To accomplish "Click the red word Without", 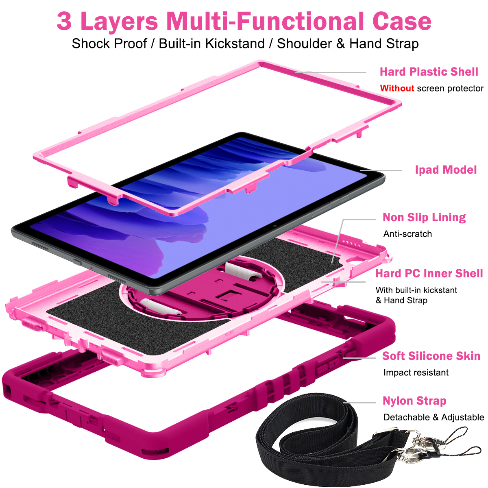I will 397,88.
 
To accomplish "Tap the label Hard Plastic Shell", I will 429,72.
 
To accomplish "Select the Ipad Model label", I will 446,170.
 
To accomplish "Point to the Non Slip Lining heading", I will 424,218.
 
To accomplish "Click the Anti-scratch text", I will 407,234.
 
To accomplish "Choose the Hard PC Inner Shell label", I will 429,274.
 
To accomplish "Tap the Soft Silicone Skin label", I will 431,356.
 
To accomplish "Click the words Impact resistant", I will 416,373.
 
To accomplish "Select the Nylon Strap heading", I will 414,401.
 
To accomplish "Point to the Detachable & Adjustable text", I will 434,417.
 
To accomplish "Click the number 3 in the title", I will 64,21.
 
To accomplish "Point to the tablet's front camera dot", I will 275,226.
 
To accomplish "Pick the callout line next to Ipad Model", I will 381,171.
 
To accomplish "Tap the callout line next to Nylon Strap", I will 360,403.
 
